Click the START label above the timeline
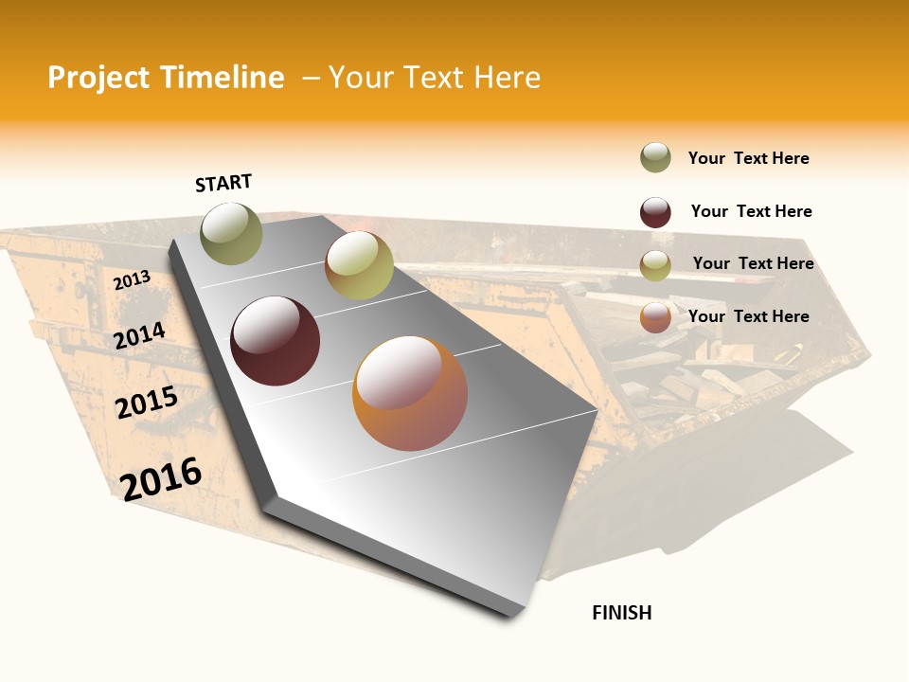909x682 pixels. [x=223, y=183]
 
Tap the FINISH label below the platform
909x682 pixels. [x=622, y=613]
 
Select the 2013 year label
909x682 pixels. [x=133, y=279]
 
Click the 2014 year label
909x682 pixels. [x=140, y=335]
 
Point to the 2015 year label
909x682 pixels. [x=147, y=403]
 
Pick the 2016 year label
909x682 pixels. [x=161, y=478]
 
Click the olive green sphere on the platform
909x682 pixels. [x=232, y=233]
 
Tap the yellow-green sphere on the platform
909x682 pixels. [x=359, y=265]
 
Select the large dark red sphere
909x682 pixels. [x=276, y=341]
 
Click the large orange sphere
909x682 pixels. [x=410, y=393]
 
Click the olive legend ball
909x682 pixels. [x=655, y=157]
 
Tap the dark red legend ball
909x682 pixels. [x=655, y=212]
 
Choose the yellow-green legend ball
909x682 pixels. [x=655, y=265]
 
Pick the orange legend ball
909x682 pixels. [x=655, y=317]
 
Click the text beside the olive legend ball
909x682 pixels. [x=748, y=158]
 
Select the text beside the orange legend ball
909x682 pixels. [x=748, y=316]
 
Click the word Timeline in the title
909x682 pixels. [x=222, y=78]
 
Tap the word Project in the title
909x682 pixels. [x=99, y=78]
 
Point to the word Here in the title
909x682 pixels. [x=508, y=78]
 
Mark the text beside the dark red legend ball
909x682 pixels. [x=751, y=211]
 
